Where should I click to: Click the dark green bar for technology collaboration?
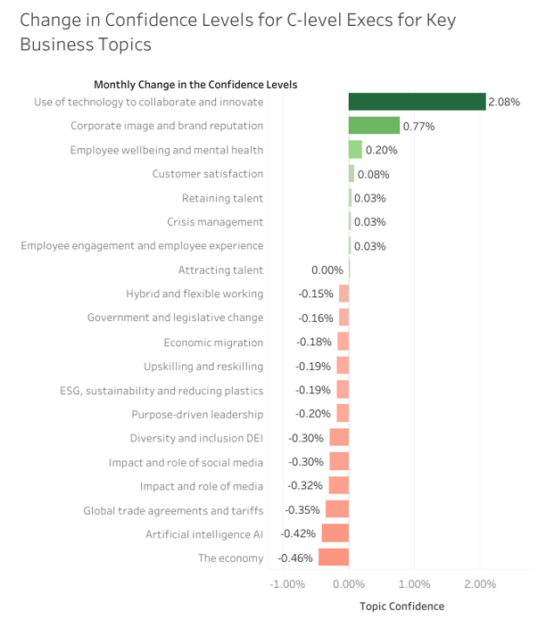click(x=417, y=102)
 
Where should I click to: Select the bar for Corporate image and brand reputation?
click(x=374, y=126)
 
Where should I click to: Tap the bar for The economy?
click(x=334, y=557)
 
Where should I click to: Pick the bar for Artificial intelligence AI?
click(x=335, y=533)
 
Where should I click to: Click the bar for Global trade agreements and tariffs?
click(x=337, y=509)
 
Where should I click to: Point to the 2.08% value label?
click(x=504, y=103)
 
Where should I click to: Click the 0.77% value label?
click(x=418, y=127)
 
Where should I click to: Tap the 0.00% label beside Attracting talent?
click(x=327, y=270)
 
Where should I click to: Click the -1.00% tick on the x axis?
click(x=288, y=584)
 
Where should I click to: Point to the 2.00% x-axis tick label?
click(x=480, y=584)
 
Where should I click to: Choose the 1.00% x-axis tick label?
click(x=414, y=584)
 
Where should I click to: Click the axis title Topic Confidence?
click(x=401, y=607)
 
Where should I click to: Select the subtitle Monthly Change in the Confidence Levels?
click(x=195, y=85)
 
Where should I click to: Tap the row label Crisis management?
click(x=215, y=222)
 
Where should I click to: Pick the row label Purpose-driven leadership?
click(x=197, y=414)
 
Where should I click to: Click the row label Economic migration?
click(x=213, y=343)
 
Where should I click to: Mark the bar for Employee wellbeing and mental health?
click(x=355, y=150)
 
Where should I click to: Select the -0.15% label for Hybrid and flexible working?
click(x=317, y=294)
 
